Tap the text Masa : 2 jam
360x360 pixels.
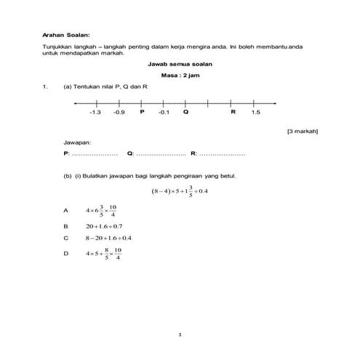coord(180,76)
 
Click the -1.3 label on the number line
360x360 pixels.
coord(95,112)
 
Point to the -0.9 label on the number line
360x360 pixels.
coord(119,112)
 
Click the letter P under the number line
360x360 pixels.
coord(142,112)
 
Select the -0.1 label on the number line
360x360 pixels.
coord(164,112)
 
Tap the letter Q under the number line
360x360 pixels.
coord(185,112)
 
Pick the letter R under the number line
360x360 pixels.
coord(233,112)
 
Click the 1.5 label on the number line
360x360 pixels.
coord(255,112)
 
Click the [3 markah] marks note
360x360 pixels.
coord(303,131)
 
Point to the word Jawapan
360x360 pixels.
coord(78,143)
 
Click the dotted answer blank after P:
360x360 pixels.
coord(95,154)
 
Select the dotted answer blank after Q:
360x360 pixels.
coord(161,154)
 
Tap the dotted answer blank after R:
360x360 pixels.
coord(222,154)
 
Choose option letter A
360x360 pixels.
coord(65,210)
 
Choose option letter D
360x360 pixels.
coord(65,254)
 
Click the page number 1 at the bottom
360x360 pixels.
coord(180,334)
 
